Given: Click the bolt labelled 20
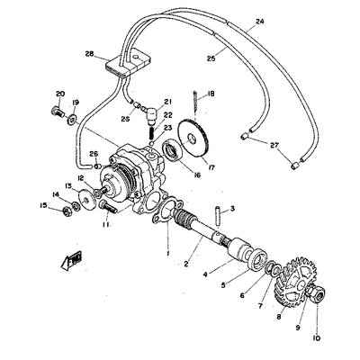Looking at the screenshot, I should coord(56,113).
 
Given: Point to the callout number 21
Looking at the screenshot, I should coord(166,102).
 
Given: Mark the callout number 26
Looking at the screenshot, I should coord(94,153).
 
